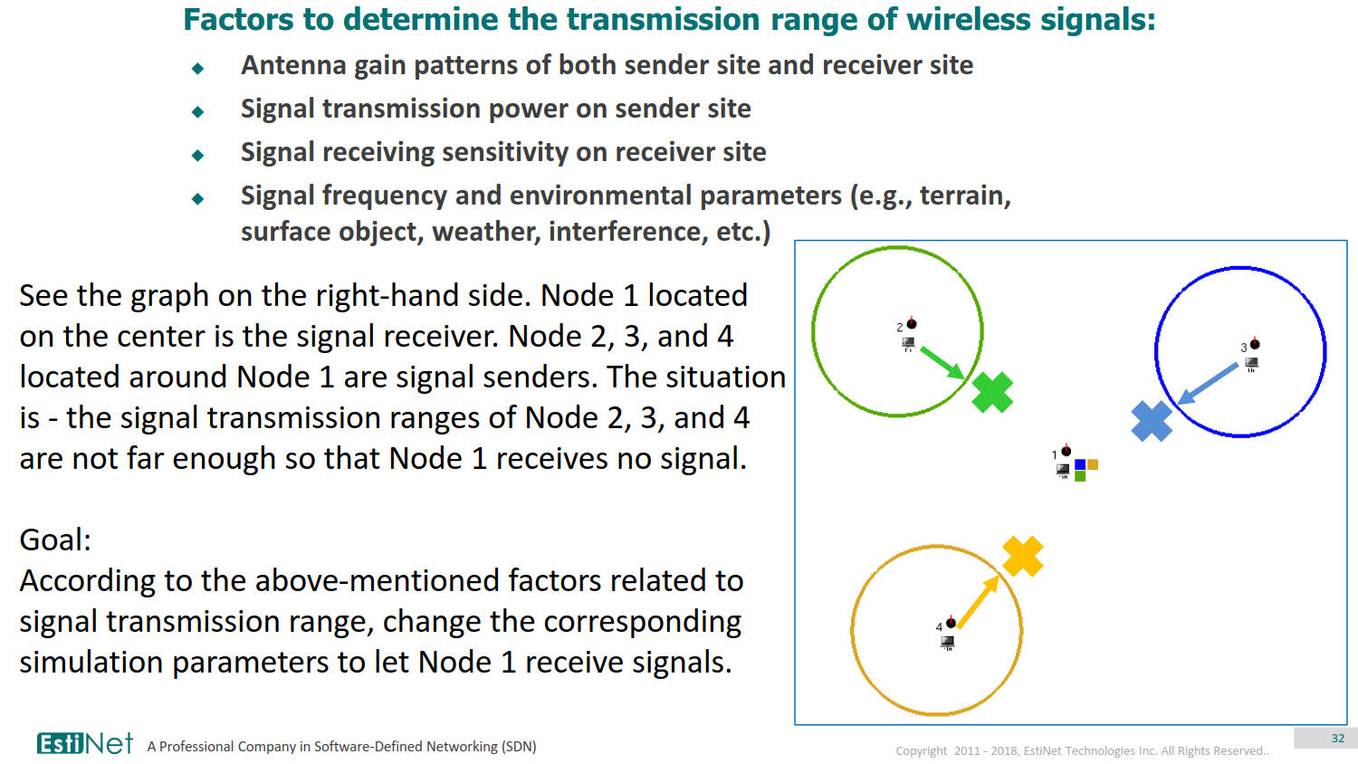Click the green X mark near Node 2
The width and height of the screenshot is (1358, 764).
click(x=992, y=393)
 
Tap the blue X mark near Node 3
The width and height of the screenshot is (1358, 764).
click(x=1152, y=421)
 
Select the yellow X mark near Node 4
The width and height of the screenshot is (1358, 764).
click(x=1023, y=556)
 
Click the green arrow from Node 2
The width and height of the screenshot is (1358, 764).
click(x=942, y=362)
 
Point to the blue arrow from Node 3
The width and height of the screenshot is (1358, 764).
click(x=1209, y=383)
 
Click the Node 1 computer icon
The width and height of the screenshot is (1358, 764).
click(x=1063, y=470)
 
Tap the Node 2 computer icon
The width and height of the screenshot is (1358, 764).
click(x=908, y=343)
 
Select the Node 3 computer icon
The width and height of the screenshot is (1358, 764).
click(x=1251, y=364)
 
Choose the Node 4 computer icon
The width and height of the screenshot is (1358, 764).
click(x=947, y=642)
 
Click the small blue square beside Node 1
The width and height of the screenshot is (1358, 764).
click(x=1080, y=464)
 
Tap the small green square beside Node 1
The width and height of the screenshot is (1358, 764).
click(x=1080, y=476)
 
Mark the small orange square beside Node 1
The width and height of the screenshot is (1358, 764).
click(x=1093, y=464)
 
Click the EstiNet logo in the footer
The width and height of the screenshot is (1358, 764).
click(x=84, y=743)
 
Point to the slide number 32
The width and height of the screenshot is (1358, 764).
click(x=1337, y=739)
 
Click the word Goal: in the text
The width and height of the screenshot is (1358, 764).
click(x=55, y=540)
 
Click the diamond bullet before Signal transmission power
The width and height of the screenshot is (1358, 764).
click(x=198, y=111)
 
